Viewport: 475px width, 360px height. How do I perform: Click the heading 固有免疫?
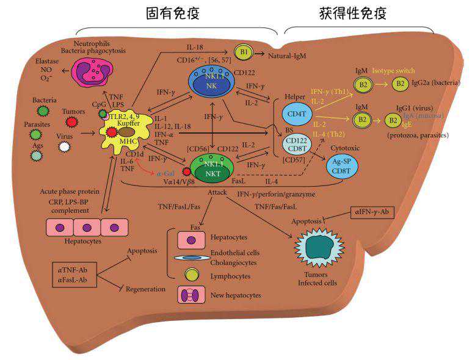[173, 13]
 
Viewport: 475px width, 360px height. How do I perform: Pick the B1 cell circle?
[244, 54]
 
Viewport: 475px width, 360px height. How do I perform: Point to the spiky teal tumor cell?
[317, 250]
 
